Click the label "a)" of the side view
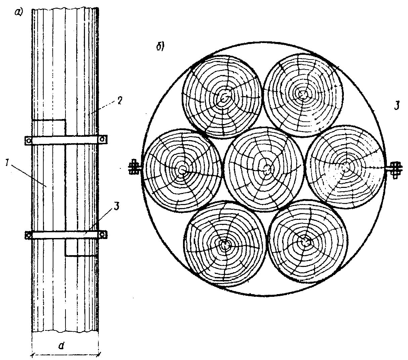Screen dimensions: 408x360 [x=19, y=13]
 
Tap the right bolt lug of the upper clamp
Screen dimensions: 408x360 [x=102, y=139]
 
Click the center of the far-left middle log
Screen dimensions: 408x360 [x=182, y=170]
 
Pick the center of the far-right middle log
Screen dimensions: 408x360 [x=346, y=166]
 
